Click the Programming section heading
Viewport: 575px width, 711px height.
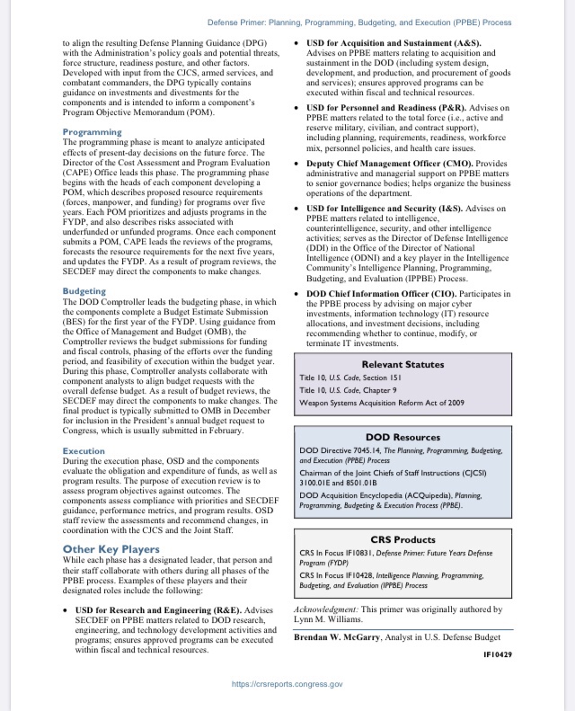pos(93,132)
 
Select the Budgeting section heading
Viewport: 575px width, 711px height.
pos(84,291)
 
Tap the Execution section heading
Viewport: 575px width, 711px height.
pos(84,451)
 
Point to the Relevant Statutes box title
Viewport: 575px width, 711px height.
pos(402,364)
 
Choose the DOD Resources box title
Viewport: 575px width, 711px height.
pos(402,437)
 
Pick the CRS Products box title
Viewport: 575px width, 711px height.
pos(402,539)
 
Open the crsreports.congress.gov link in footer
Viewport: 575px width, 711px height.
pos(287,684)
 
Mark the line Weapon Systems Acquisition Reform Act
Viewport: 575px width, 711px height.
pos(382,402)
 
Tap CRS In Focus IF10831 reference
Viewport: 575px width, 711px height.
pos(348,553)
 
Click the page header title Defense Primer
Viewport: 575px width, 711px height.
pos(359,22)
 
